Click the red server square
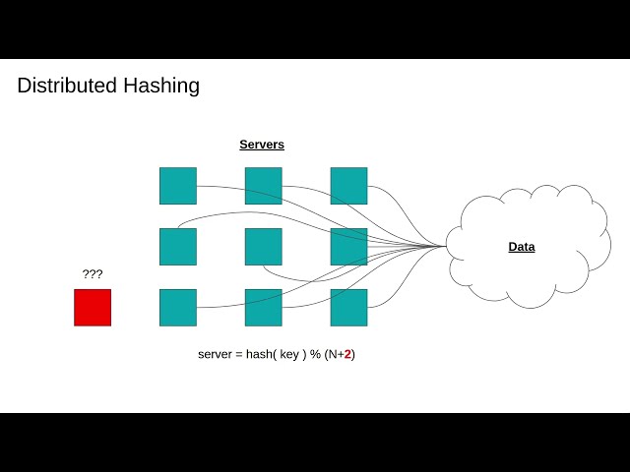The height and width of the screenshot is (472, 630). pos(93,307)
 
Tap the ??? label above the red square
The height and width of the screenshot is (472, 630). pos(93,274)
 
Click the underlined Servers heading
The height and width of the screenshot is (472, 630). pos(262,145)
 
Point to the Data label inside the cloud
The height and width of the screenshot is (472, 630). pos(522,247)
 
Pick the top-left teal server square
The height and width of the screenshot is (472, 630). pos(178,186)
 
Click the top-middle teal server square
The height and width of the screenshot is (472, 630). pos(264,186)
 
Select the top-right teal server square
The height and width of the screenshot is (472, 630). pos(348,186)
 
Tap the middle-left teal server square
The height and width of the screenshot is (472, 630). pos(178,247)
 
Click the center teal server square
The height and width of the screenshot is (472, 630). pos(264,247)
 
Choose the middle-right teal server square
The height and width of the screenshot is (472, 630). pos(348,247)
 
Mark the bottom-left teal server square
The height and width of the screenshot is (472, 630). pos(178,307)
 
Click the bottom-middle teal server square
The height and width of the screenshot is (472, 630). pos(264,307)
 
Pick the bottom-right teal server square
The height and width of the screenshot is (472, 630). pos(348,307)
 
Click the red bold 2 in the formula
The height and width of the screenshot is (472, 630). pos(347,354)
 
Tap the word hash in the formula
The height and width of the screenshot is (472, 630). pos(259,354)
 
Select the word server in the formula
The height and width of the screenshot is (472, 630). pos(215,354)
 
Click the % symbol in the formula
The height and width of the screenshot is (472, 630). pos(315,354)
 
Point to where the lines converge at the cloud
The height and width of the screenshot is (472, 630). pos(444,246)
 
